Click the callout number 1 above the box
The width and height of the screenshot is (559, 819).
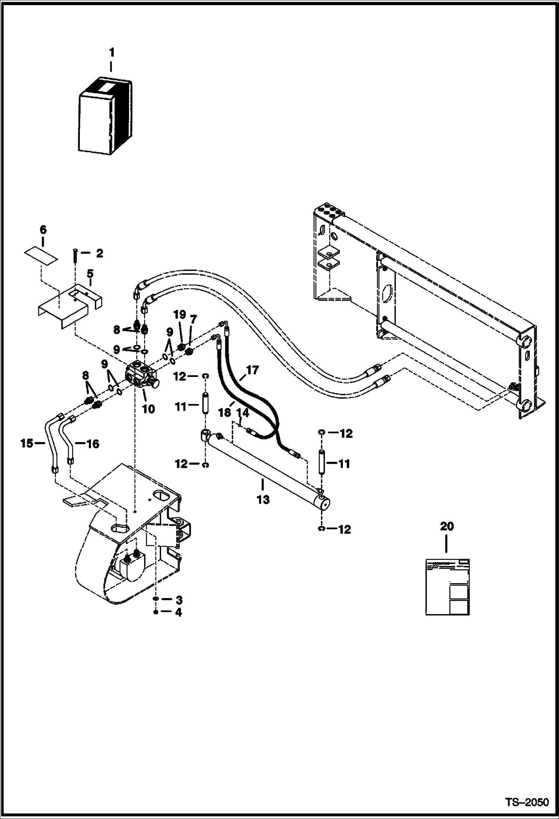point(111,52)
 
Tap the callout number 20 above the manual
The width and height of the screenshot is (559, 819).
point(447,526)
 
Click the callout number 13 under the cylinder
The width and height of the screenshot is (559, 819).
point(263,499)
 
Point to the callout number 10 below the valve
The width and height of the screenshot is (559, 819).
point(149,409)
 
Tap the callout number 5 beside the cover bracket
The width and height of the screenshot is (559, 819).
point(90,274)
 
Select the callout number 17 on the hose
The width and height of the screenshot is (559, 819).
point(253,370)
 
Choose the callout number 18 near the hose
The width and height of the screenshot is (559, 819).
point(225,412)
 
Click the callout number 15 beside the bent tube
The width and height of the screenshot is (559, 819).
point(26,443)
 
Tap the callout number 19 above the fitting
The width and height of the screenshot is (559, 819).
point(179,314)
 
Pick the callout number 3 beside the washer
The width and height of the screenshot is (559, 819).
point(179,600)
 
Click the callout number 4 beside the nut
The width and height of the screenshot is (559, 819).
point(179,612)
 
